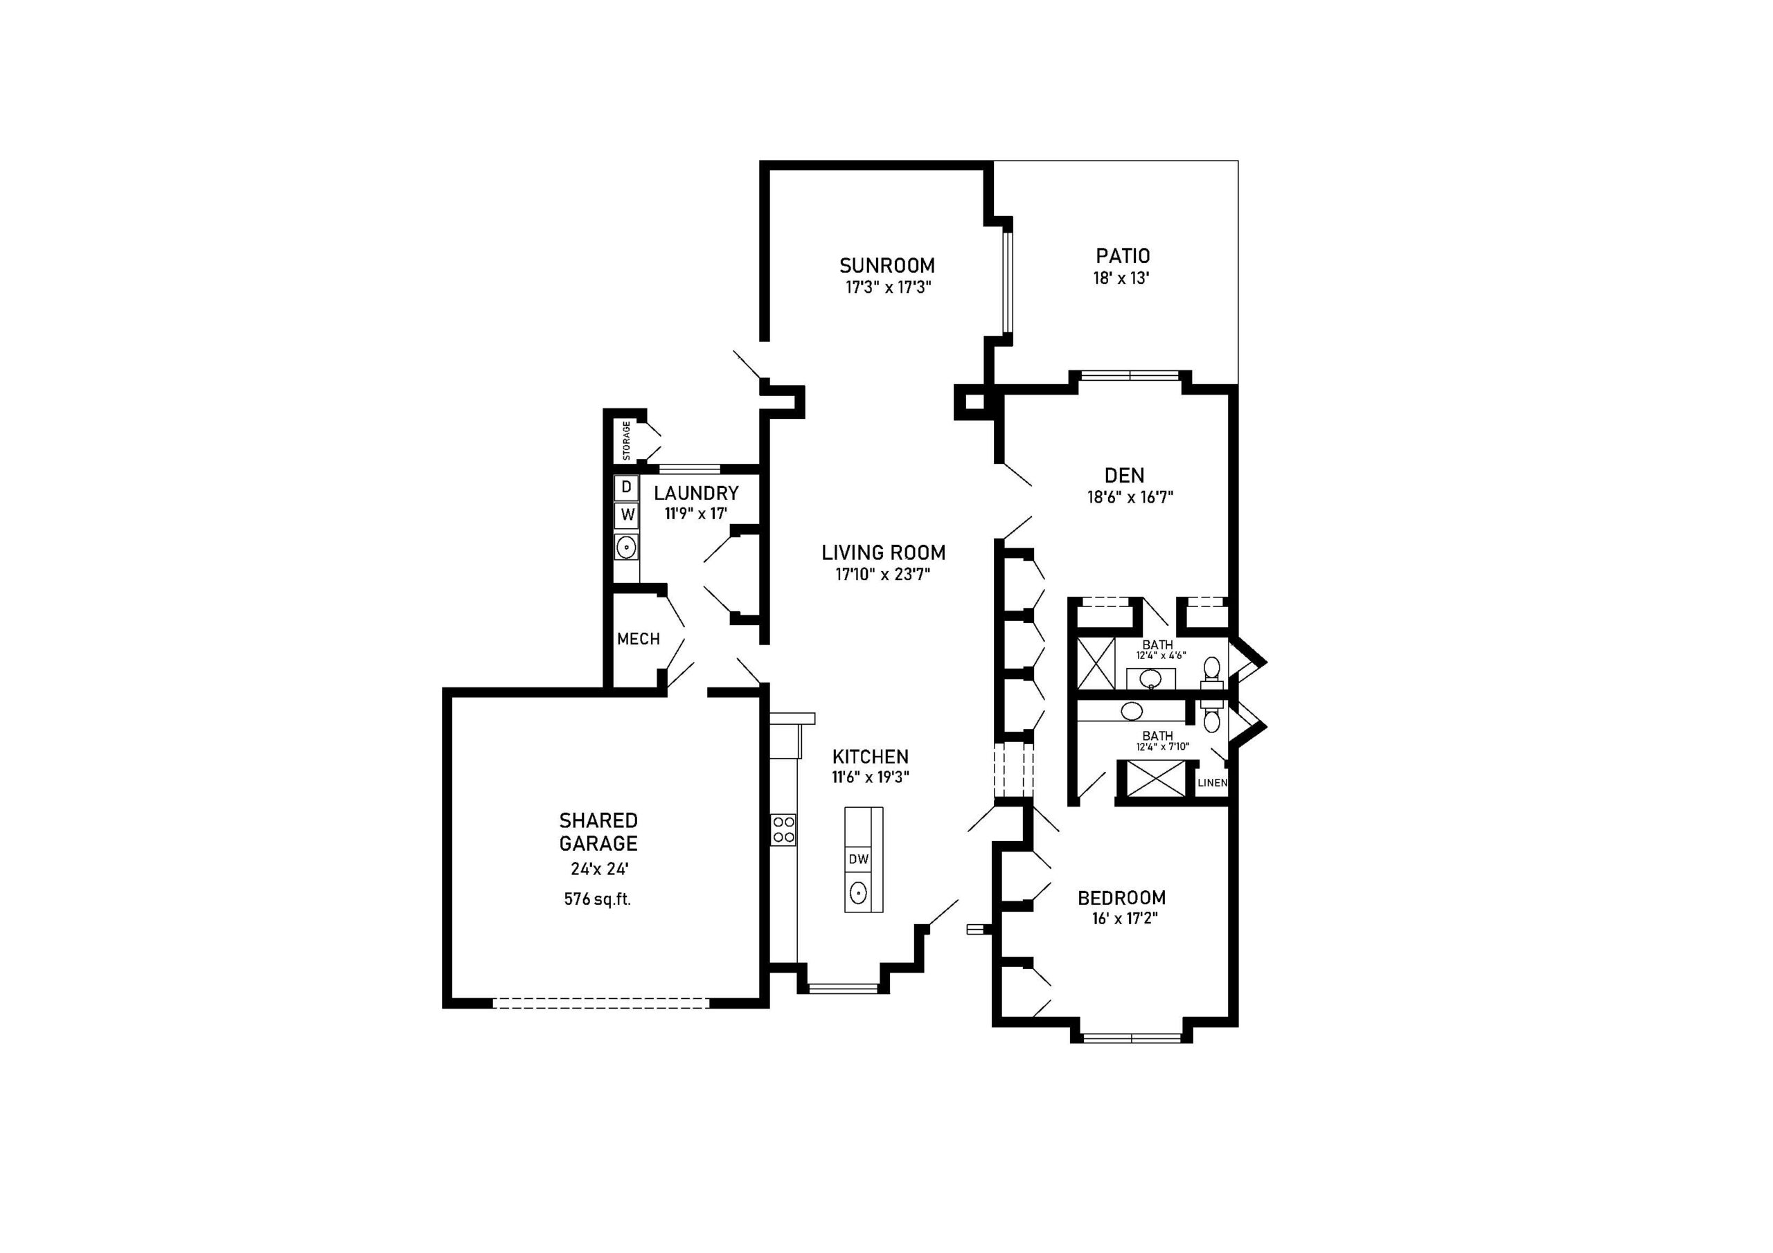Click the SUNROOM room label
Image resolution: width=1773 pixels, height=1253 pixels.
[886, 266]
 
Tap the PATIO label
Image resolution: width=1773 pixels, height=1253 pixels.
[1123, 255]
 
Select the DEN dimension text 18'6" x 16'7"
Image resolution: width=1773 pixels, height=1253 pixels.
[1130, 497]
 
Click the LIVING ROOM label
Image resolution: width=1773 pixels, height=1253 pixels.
[884, 552]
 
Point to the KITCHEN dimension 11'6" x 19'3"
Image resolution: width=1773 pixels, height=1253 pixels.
[871, 777]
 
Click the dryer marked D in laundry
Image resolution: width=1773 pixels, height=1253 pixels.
[626, 487]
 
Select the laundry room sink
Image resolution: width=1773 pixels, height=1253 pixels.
[626, 548]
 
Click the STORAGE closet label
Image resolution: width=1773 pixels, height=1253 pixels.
[626, 440]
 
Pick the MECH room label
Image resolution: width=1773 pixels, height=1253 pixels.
[639, 639]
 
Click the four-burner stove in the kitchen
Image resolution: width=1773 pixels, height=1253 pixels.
[783, 830]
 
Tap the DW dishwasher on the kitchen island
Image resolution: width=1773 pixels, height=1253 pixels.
[858, 859]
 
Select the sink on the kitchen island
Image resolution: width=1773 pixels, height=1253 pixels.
[858, 893]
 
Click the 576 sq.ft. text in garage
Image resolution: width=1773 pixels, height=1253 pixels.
[598, 899]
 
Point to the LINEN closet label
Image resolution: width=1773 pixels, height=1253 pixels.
[1211, 783]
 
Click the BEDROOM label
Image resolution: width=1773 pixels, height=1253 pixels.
[1121, 898]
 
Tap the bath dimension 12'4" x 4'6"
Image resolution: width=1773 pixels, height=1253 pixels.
[1161, 656]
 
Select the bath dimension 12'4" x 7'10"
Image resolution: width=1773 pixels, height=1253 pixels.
[1162, 746]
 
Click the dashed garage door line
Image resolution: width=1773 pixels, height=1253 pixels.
[600, 1004]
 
